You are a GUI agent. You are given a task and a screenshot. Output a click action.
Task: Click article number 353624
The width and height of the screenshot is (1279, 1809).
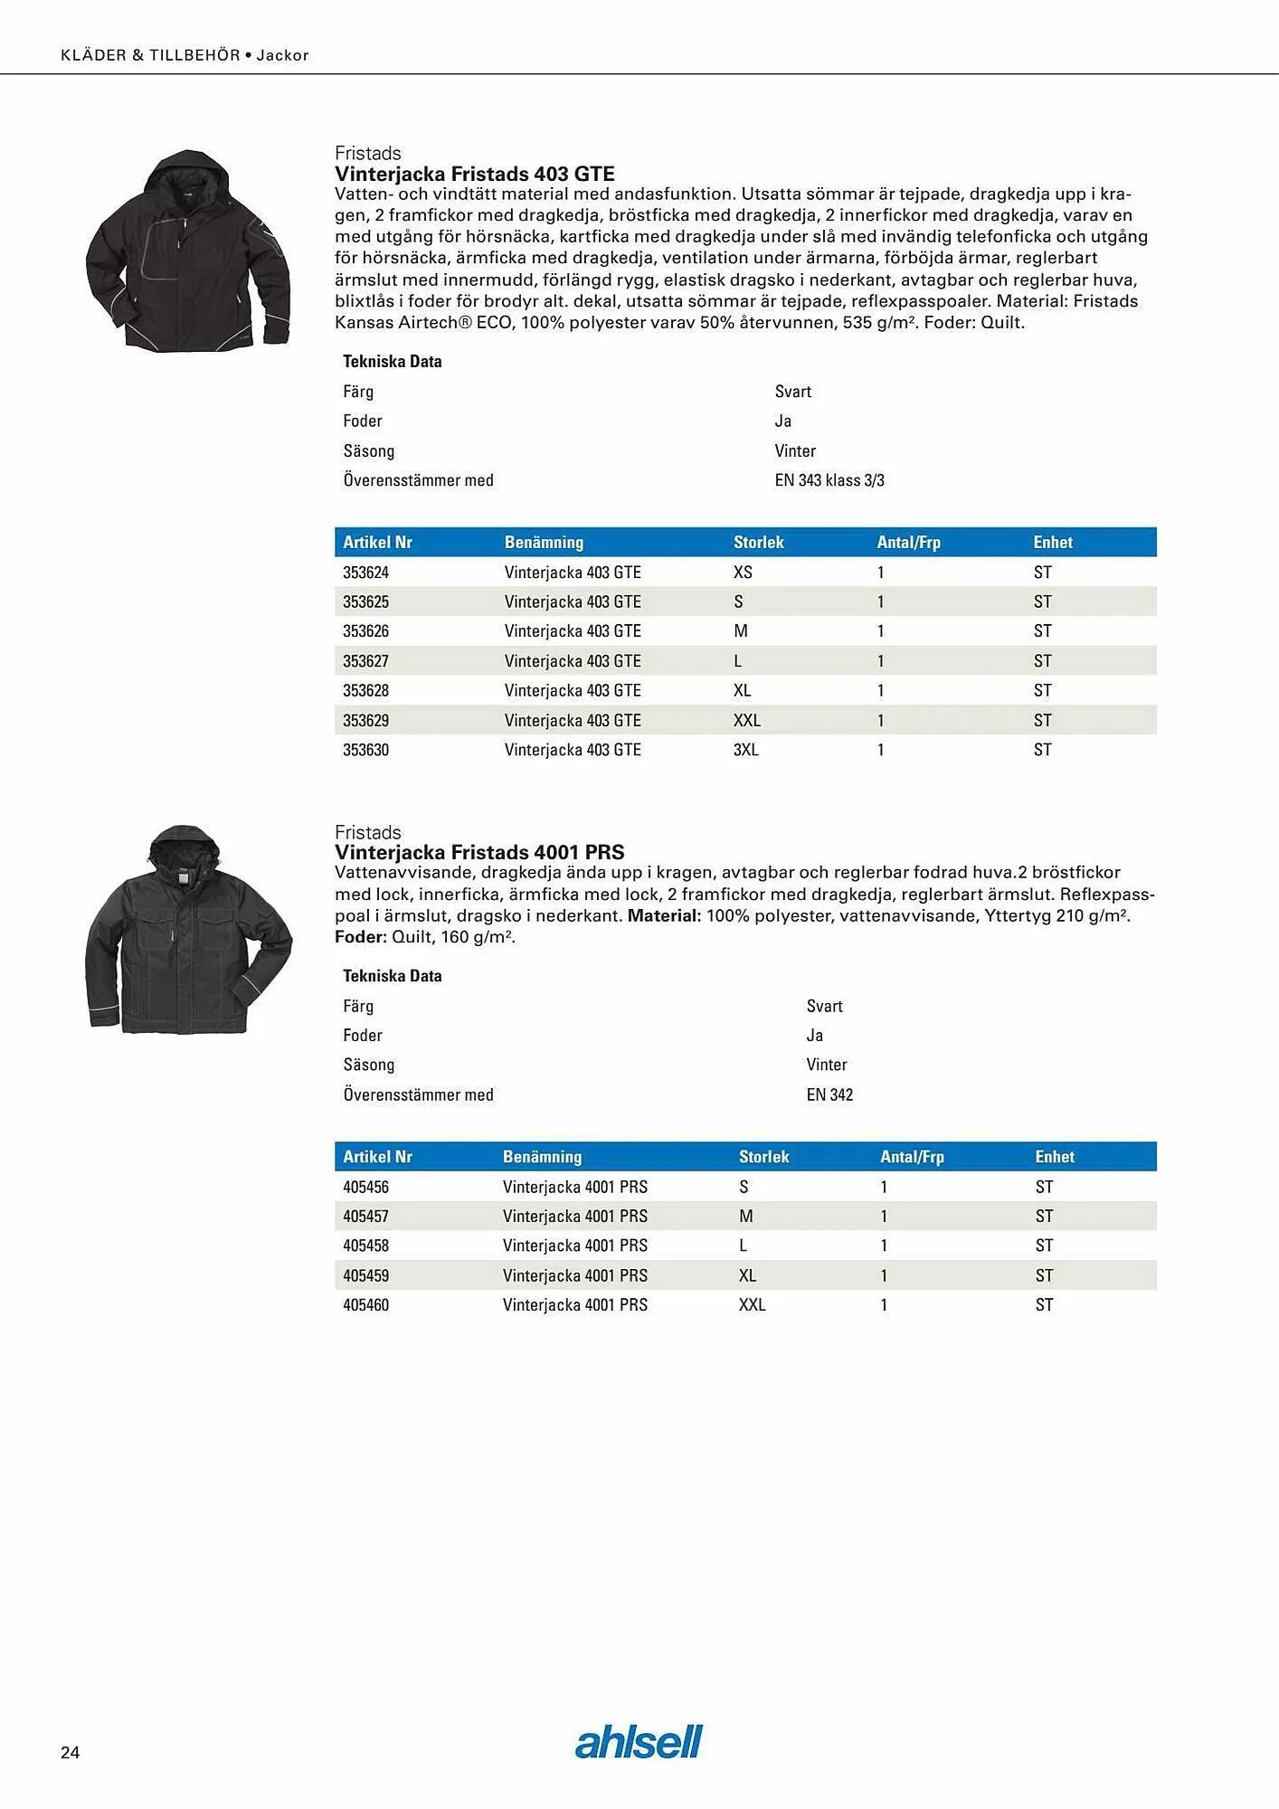[365, 573]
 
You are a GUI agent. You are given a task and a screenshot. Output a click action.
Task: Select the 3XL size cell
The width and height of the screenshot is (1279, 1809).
[745, 750]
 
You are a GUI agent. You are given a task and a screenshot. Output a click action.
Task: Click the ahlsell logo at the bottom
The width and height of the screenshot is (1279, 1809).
[639, 1742]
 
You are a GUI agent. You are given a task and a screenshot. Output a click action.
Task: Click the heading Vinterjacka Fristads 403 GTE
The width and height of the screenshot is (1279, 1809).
[474, 174]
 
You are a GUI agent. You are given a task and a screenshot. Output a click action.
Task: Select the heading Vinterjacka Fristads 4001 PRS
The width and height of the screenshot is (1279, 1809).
[479, 852]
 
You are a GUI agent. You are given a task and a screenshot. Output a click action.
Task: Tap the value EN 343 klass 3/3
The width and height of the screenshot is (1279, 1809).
[829, 480]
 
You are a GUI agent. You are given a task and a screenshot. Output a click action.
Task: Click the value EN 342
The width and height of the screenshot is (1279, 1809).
[829, 1094]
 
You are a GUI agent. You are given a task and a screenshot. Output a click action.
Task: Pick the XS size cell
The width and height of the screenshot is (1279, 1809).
[743, 573]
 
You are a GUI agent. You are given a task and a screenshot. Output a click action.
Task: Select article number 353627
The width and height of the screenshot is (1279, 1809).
[365, 661]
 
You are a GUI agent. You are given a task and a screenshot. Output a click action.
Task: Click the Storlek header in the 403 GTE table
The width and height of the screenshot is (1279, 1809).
[758, 543]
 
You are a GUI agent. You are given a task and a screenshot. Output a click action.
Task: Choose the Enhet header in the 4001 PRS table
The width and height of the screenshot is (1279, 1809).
[1054, 1157]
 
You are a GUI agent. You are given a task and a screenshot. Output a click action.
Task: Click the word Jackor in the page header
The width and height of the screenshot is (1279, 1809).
[282, 55]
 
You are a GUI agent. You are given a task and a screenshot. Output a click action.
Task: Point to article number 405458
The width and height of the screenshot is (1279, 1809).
[365, 1245]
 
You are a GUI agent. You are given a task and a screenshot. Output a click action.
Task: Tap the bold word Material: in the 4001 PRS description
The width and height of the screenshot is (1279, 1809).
[664, 915]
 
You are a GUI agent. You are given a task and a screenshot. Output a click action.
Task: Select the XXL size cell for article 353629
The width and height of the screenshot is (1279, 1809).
[746, 721]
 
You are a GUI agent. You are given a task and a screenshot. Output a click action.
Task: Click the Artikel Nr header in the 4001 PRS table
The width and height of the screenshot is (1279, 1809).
[377, 1157]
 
